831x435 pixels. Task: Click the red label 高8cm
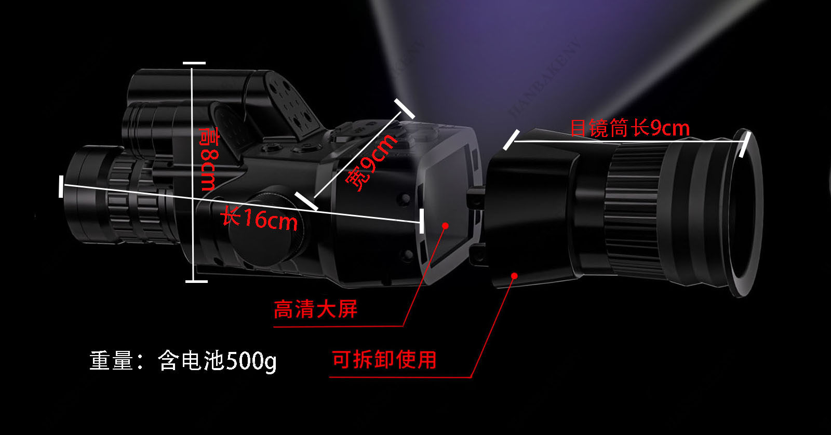point(209,160)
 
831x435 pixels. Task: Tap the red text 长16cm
point(259,218)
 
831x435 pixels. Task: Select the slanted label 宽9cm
point(372,162)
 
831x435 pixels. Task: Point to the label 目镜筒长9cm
point(629,128)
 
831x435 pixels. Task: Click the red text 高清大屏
point(315,309)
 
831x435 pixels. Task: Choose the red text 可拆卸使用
point(384,359)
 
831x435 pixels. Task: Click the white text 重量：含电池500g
point(183,360)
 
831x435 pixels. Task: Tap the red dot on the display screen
point(445,225)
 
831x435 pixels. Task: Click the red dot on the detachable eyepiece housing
point(514,275)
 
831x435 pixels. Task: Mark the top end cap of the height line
point(194,63)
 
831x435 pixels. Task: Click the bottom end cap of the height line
point(196,281)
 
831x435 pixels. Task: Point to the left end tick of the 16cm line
point(61,186)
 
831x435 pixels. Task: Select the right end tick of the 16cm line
point(421,221)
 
